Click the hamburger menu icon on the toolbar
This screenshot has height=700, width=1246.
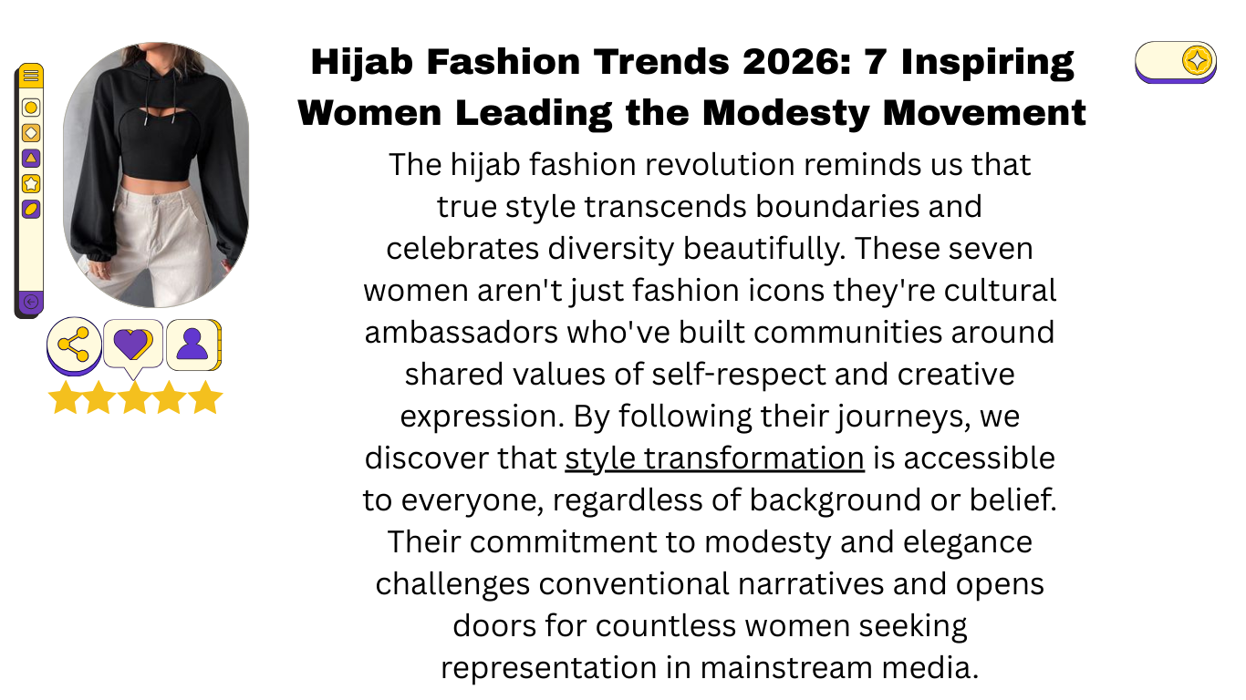[x=31, y=76]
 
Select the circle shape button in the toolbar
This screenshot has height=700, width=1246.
[x=31, y=108]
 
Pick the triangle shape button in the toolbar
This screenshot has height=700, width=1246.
[x=31, y=159]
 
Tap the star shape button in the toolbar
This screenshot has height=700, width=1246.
[x=31, y=183]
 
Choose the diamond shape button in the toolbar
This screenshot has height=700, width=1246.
[x=31, y=133]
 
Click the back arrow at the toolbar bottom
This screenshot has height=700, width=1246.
[x=30, y=302]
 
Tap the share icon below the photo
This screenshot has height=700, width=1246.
[x=73, y=344]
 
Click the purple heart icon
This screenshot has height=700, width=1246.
[x=132, y=344]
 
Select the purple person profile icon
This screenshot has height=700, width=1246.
[x=192, y=344]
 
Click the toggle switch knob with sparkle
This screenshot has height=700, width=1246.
[x=1197, y=61]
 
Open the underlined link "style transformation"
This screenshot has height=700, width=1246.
[x=714, y=458]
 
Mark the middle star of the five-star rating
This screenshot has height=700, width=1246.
[x=134, y=397]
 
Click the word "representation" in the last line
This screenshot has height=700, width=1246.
[x=549, y=667]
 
